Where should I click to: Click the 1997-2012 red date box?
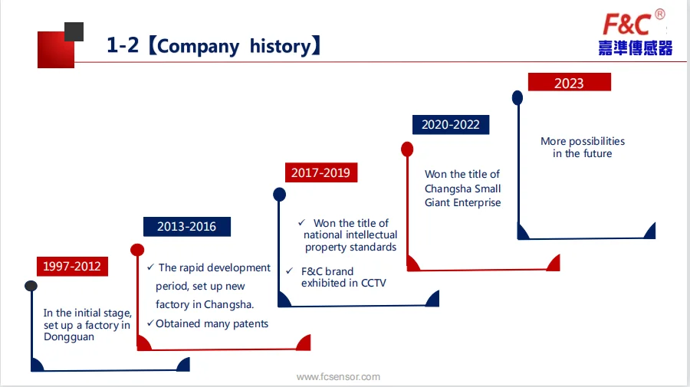pyautogui.click(x=72, y=266)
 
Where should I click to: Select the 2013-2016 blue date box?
pyautogui.click(x=186, y=227)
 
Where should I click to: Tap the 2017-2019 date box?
pyautogui.click(x=320, y=172)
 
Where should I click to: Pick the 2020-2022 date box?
pyautogui.click(x=451, y=124)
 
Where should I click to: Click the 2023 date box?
pyautogui.click(x=570, y=82)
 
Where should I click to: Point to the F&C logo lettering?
pyautogui.click(x=626, y=24)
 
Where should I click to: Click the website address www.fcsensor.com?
pyautogui.click(x=338, y=377)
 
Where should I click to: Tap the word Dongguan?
pyautogui.click(x=69, y=337)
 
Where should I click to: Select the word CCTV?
pyautogui.click(x=373, y=283)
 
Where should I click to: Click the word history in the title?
pyautogui.click(x=281, y=46)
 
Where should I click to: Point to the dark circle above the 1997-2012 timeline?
pyautogui.click(x=31, y=286)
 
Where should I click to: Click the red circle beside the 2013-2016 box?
pyautogui.click(x=137, y=250)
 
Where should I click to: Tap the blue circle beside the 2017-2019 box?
pyautogui.click(x=279, y=195)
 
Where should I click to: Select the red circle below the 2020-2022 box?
pyautogui.click(x=407, y=149)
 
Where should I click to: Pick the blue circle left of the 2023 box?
pyautogui.click(x=517, y=97)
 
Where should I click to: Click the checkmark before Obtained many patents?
pyautogui.click(x=150, y=323)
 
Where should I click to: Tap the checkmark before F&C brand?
pyautogui.click(x=289, y=271)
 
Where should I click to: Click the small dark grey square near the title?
pyautogui.click(x=74, y=31)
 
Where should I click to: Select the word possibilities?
pyautogui.click(x=596, y=142)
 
